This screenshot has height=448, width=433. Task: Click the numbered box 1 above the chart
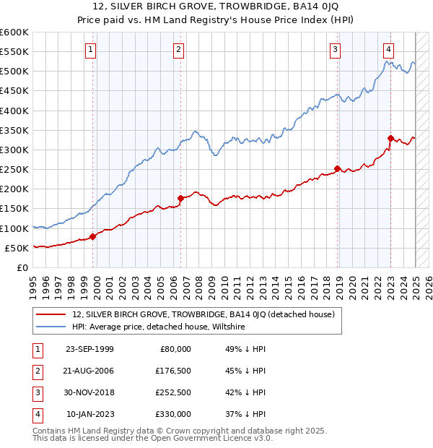[91, 50]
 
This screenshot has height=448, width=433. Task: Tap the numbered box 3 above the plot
[336, 50]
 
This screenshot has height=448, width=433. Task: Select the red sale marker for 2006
[180, 197]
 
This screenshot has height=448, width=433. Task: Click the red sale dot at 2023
[390, 138]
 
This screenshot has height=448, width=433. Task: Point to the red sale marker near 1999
[92, 236]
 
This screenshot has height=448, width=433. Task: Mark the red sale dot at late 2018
[337, 168]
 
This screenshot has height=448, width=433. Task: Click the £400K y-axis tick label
[14, 111]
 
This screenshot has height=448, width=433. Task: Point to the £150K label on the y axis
[14, 209]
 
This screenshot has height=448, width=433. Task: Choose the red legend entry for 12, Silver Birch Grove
[203, 315]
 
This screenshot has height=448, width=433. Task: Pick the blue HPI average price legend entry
[158, 327]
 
